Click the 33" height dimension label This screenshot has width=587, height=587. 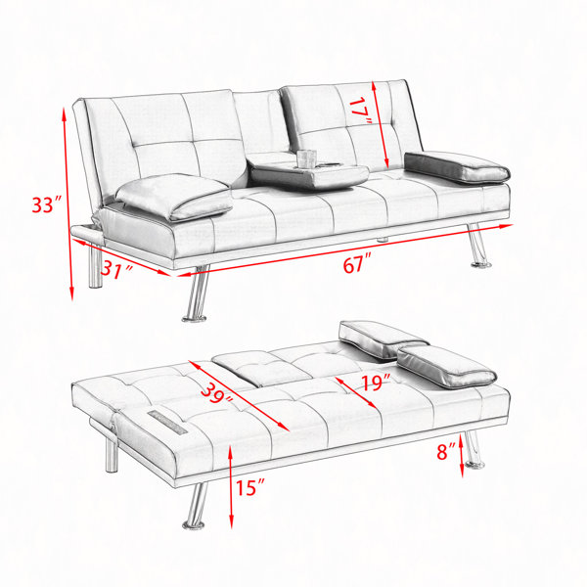click(46, 204)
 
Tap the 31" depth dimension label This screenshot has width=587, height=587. click(116, 269)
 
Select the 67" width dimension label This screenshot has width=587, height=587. click(357, 263)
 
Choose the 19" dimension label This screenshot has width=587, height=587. click(376, 383)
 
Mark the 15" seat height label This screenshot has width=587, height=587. click(249, 488)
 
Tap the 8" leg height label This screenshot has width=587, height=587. click(446, 451)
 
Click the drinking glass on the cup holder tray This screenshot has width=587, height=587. click(306, 158)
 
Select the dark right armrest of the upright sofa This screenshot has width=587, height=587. click(457, 167)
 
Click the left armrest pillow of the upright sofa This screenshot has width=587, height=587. click(174, 197)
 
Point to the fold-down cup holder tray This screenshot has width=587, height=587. click(308, 175)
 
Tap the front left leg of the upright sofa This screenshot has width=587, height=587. click(196, 294)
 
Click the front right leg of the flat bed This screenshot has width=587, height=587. click(473, 450)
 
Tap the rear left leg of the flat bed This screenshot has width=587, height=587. click(112, 455)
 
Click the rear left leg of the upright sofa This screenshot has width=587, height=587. click(95, 265)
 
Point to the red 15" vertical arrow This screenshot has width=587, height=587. click(231, 486)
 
